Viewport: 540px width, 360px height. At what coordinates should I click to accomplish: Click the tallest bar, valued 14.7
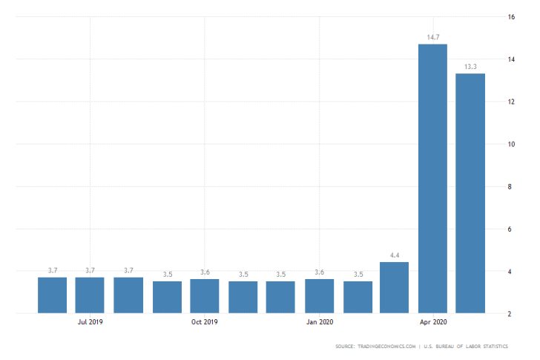pyautogui.click(x=432, y=178)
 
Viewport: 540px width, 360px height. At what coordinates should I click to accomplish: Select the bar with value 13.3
pyautogui.click(x=470, y=193)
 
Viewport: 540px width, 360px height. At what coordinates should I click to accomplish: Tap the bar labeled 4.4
pyautogui.click(x=394, y=287)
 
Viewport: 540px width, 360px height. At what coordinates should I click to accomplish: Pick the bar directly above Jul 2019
pyautogui.click(x=90, y=295)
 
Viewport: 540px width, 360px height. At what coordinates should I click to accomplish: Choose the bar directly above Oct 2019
pyautogui.click(x=204, y=295)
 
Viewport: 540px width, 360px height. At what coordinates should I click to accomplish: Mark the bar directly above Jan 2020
pyautogui.click(x=319, y=295)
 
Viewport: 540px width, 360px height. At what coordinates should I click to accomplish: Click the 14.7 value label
pyautogui.click(x=432, y=36)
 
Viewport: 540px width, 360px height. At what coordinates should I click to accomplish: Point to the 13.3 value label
pyautogui.click(x=470, y=65)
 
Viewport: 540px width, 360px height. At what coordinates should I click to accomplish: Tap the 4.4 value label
pyautogui.click(x=394, y=254)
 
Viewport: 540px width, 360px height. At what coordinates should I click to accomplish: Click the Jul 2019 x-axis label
pyautogui.click(x=90, y=322)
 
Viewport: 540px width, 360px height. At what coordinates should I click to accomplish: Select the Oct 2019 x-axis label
pyautogui.click(x=204, y=322)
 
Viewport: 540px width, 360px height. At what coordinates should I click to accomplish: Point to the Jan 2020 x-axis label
pyautogui.click(x=319, y=322)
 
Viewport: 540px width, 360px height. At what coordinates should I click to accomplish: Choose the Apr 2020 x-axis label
pyautogui.click(x=433, y=322)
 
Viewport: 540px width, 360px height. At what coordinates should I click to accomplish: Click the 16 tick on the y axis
pyautogui.click(x=511, y=16)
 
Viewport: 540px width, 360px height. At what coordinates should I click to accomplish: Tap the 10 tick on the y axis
pyautogui.click(x=511, y=144)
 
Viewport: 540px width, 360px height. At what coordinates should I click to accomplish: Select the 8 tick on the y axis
pyautogui.click(x=511, y=186)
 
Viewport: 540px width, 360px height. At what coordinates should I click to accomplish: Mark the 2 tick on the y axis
pyautogui.click(x=511, y=314)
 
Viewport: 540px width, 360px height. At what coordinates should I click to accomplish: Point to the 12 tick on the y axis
pyautogui.click(x=511, y=102)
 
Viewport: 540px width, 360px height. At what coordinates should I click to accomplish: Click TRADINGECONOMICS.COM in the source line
pyautogui.click(x=386, y=347)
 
